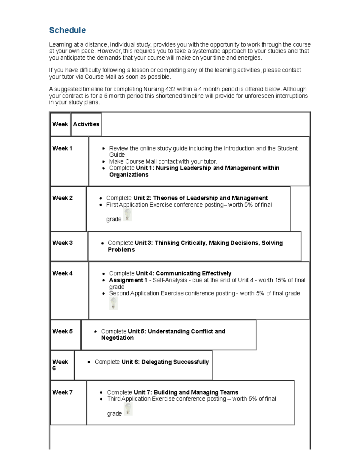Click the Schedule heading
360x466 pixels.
(x=67, y=30)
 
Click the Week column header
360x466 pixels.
(x=60, y=124)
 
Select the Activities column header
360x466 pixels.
(x=86, y=124)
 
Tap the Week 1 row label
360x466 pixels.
(x=62, y=149)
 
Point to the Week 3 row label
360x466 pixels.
(x=62, y=243)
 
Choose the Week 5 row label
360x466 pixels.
(x=62, y=331)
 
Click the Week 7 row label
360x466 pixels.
(x=62, y=392)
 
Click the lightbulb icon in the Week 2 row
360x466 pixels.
(x=128, y=215)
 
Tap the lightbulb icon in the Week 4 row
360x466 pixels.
(x=113, y=304)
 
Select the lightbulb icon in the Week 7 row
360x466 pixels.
(x=128, y=409)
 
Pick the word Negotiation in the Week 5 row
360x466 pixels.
(x=117, y=338)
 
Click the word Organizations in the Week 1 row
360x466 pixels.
(x=129, y=175)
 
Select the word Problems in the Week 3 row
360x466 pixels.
(x=121, y=250)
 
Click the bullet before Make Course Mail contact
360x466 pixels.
(x=103, y=162)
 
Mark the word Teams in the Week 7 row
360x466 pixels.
(x=229, y=392)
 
